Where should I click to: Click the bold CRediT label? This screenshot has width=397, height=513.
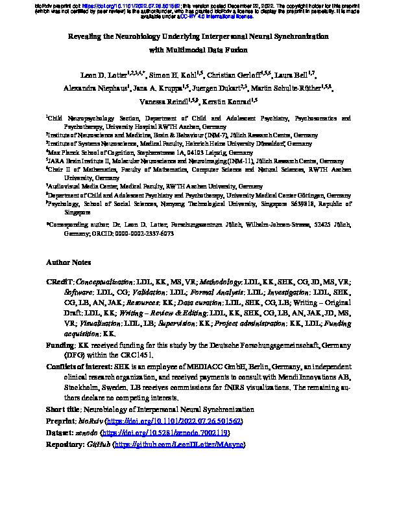click(59, 283)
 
